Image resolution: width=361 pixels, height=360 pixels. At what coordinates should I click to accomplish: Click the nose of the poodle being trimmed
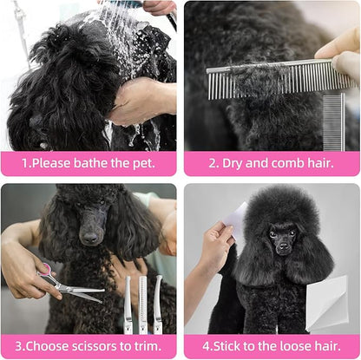coord(89,238)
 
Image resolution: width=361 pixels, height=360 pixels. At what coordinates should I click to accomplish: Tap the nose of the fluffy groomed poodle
coord(283,246)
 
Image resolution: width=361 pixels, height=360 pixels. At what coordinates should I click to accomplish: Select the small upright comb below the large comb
coord(334,122)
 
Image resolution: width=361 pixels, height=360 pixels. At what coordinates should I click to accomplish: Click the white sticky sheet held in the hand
coord(238,219)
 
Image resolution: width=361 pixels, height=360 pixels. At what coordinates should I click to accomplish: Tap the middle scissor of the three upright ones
coord(142,305)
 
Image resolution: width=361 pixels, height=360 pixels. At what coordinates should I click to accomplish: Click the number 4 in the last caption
coord(206,346)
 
